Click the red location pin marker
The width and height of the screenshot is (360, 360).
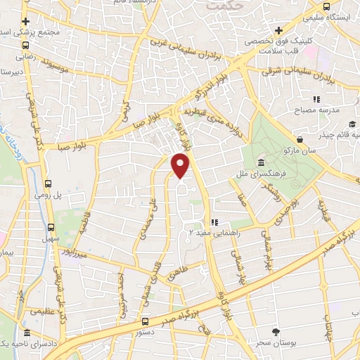(x=181, y=165)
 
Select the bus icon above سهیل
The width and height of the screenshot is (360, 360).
(x=50, y=226)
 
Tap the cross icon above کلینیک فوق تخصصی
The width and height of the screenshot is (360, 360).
(x=279, y=30)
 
